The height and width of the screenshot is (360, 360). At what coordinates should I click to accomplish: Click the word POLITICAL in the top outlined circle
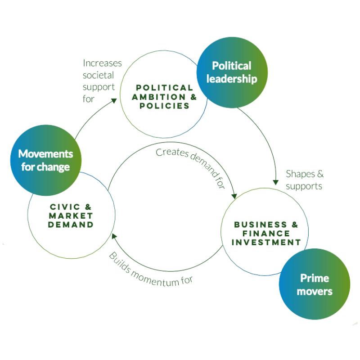click(x=165, y=87)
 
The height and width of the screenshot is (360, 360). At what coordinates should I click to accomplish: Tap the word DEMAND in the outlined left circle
click(x=72, y=224)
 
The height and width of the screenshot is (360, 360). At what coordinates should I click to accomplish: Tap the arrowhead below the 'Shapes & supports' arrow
click(x=275, y=182)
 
